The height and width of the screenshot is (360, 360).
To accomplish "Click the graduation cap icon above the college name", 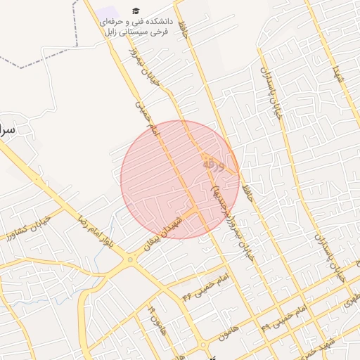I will [135, 11].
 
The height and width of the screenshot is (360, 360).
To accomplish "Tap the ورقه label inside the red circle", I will [214, 165].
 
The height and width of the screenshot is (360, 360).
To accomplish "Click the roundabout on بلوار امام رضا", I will [130, 261].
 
